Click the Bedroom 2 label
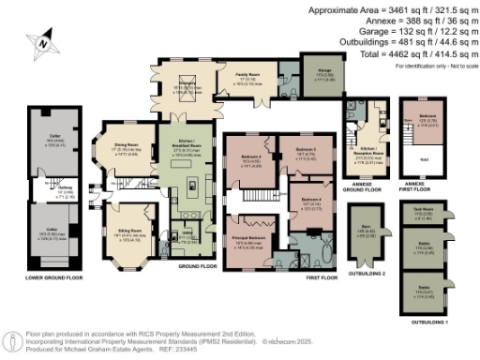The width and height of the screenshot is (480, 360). pyautogui.click(x=248, y=158)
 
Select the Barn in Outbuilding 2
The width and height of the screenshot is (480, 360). pyautogui.click(x=367, y=233)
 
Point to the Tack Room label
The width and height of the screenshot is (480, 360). pyautogui.click(x=422, y=210)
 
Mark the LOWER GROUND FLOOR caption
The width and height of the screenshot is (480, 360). pyautogui.click(x=53, y=277)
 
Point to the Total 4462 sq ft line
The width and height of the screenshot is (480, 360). pyautogui.click(x=427, y=53)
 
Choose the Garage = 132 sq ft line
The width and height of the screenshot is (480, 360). pyautogui.click(x=427, y=31)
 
